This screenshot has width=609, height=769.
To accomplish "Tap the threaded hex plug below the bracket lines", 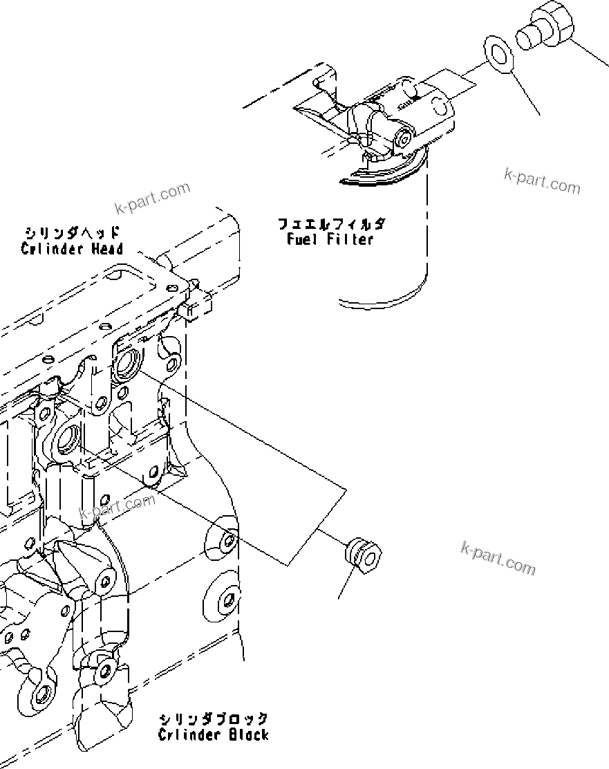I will click(362, 550).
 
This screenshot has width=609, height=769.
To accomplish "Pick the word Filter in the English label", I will click(350, 239).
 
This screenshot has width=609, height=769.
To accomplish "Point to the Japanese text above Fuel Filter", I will click(331, 224).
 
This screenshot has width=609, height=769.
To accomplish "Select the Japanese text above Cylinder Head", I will click(72, 233).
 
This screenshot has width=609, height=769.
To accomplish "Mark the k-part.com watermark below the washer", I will click(542, 181).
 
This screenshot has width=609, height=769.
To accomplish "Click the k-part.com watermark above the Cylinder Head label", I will click(152, 198).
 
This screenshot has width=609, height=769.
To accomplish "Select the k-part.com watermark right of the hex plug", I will click(498, 558).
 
